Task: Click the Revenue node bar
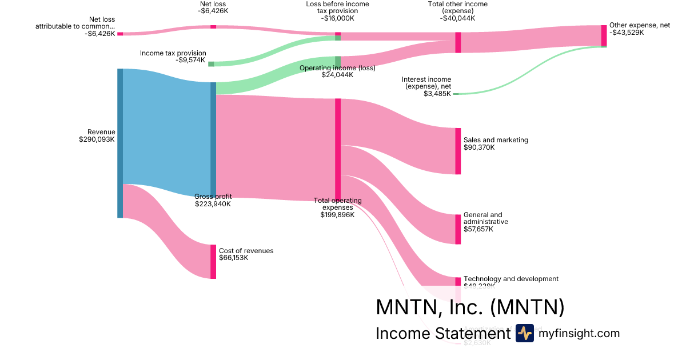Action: pyautogui.click(x=120, y=143)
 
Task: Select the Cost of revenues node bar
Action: pyautogui.click(x=213, y=262)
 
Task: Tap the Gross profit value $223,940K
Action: pyautogui.click(x=213, y=204)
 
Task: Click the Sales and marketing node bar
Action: pyautogui.click(x=458, y=151)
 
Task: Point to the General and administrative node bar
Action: pyautogui.click(x=458, y=229)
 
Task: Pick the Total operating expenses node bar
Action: pyautogui.click(x=338, y=149)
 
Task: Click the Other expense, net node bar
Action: pyautogui.click(x=604, y=35)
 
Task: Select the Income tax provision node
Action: pyautogui.click(x=211, y=64)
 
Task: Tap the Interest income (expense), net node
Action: pyautogui.click(x=456, y=94)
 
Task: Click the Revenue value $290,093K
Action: pyautogui.click(x=97, y=139)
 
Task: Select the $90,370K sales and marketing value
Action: pyautogui.click(x=479, y=147)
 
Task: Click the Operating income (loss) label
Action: pyautogui.click(x=337, y=67)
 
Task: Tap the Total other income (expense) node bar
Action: pyautogui.click(x=458, y=42)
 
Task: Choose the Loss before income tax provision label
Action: pyautogui.click(x=337, y=7)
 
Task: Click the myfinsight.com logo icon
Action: pyautogui.click(x=524, y=333)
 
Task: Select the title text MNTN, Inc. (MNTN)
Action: pyautogui.click(x=470, y=307)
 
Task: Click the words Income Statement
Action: pyautogui.click(x=442, y=334)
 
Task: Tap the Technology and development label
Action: pyautogui.click(x=510, y=279)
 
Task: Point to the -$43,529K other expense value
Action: pyautogui.click(x=627, y=33)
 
